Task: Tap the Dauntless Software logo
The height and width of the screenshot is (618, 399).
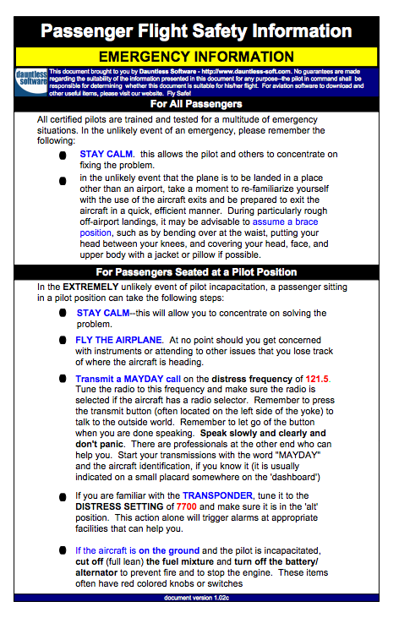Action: pyautogui.click(x=30, y=80)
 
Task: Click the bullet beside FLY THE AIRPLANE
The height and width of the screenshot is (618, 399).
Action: pyautogui.click(x=63, y=340)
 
